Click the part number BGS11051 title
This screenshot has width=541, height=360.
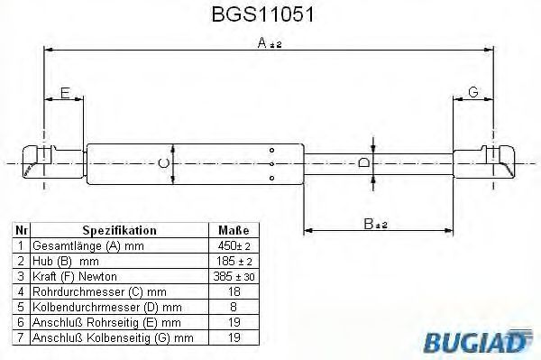tap(270, 15)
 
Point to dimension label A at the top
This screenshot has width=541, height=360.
tap(262, 42)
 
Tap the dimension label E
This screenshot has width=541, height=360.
tap(64, 90)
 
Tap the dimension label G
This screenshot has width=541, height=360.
tap(473, 90)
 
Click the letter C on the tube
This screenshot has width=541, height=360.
tap(162, 163)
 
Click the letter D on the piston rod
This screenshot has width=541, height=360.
tap(363, 163)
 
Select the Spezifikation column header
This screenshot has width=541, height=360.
tap(120, 230)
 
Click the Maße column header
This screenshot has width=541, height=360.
tap(230, 230)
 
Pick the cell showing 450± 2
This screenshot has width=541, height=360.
tap(230, 245)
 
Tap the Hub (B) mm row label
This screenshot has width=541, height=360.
tap(65, 261)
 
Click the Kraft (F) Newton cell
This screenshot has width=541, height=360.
tap(74, 275)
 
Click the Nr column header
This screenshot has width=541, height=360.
tap(22, 230)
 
